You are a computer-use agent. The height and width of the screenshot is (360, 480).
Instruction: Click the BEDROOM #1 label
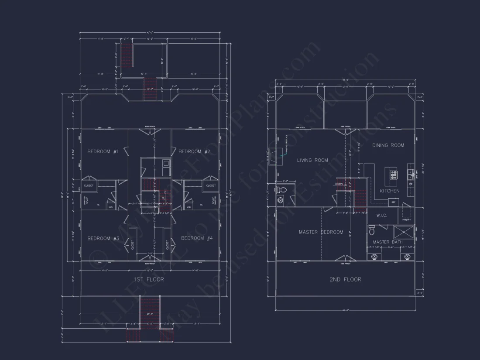pyautogui.click(x=103, y=151)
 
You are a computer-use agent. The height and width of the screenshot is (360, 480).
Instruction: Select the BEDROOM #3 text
pyautogui.click(x=103, y=238)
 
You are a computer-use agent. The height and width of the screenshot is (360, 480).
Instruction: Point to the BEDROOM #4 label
pyautogui.click(x=197, y=238)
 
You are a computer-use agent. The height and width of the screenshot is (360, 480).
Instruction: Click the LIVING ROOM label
pyautogui.click(x=312, y=160)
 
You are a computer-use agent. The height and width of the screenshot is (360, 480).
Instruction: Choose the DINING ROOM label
pyautogui.click(x=388, y=145)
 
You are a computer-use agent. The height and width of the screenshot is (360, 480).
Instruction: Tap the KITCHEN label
pyautogui.click(x=389, y=191)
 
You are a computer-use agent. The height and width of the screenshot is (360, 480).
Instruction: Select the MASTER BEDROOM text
pyautogui.click(x=321, y=232)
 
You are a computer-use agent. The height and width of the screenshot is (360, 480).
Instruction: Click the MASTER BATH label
pyautogui.click(x=387, y=242)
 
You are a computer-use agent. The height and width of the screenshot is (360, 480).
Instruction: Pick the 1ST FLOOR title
pyautogui.click(x=149, y=279)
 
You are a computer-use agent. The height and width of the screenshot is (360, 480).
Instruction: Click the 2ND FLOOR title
pyautogui.click(x=345, y=279)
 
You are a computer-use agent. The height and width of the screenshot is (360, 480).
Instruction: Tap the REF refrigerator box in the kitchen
pyautogui.click(x=393, y=202)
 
